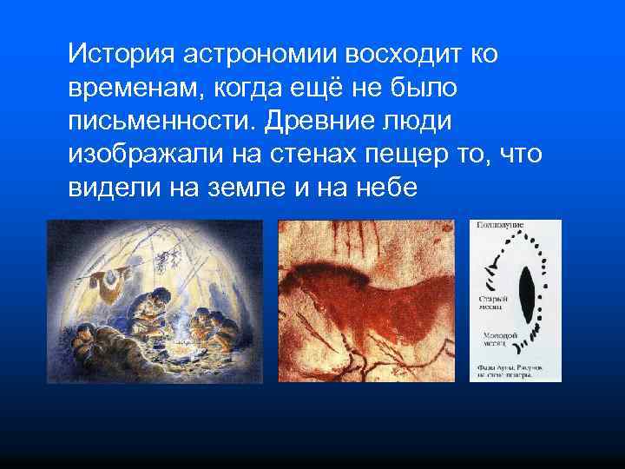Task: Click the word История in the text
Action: (121, 55)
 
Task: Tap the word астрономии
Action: (260, 55)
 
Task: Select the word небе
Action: (384, 188)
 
